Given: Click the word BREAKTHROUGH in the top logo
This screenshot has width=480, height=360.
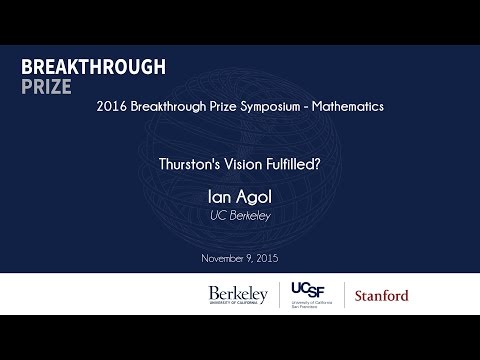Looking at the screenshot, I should (x=92, y=66).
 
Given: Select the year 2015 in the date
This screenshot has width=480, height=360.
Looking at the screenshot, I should (x=265, y=258).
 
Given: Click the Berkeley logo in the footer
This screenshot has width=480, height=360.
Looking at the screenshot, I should (x=238, y=295).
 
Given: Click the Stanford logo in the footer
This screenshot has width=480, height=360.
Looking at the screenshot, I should (x=381, y=296).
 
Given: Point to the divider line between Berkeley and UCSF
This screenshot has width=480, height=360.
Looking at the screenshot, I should (x=277, y=295).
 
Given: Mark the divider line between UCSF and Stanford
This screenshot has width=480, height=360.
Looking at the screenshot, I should (x=345, y=295).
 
